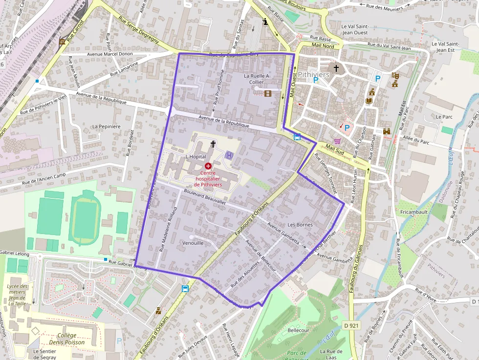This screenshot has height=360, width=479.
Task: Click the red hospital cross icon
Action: click(x=208, y=166)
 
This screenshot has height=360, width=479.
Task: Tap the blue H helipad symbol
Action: click(x=229, y=155)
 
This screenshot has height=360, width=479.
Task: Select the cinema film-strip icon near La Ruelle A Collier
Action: click(x=268, y=93)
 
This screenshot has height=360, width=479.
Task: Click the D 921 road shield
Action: click(x=351, y=325)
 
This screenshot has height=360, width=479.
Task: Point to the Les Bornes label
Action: click(x=300, y=225)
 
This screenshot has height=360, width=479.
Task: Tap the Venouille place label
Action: click(x=193, y=243)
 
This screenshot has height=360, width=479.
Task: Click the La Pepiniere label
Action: click(x=107, y=127)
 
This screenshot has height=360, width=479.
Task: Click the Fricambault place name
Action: click(x=414, y=212)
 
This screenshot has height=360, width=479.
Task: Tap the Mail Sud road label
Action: click(x=336, y=148)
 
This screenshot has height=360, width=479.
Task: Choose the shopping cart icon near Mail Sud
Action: click(x=337, y=141)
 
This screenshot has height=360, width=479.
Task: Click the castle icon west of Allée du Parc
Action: click(x=387, y=131)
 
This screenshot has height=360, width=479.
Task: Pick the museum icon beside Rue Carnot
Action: click(x=62, y=43)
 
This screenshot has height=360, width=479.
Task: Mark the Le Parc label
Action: click(x=444, y=117)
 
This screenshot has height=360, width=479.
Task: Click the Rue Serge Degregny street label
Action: click(x=138, y=31)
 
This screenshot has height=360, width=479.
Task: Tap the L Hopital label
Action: click(x=196, y=156)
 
